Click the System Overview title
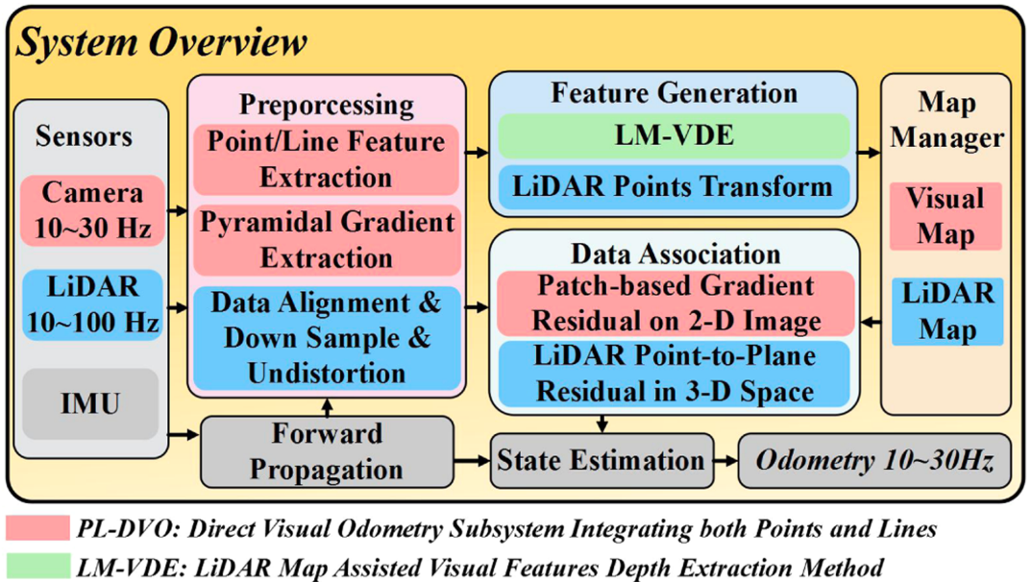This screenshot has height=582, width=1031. [x=161, y=41]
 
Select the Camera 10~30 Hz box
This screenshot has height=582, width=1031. [x=92, y=210]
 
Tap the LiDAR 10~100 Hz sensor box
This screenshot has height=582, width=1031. [x=92, y=304]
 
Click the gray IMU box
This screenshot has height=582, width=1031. [x=91, y=402]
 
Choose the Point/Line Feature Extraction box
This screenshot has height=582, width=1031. [x=327, y=159]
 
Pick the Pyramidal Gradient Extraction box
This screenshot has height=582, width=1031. [x=327, y=240]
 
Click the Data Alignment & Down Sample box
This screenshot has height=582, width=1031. [x=327, y=337]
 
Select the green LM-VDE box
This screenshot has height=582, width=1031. [x=674, y=135]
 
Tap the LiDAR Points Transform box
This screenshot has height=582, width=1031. [x=674, y=185]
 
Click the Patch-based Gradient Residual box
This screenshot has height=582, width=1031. [x=674, y=302]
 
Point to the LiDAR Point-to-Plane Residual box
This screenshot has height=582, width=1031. [x=674, y=374]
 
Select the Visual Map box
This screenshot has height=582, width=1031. [x=946, y=217]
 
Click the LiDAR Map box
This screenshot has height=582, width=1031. [x=946, y=311]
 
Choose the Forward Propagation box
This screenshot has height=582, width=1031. [x=327, y=451]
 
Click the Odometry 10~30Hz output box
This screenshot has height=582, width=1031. [x=873, y=461]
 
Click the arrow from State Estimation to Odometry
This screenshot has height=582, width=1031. [x=725, y=461]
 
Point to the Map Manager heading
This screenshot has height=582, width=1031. [x=946, y=119]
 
